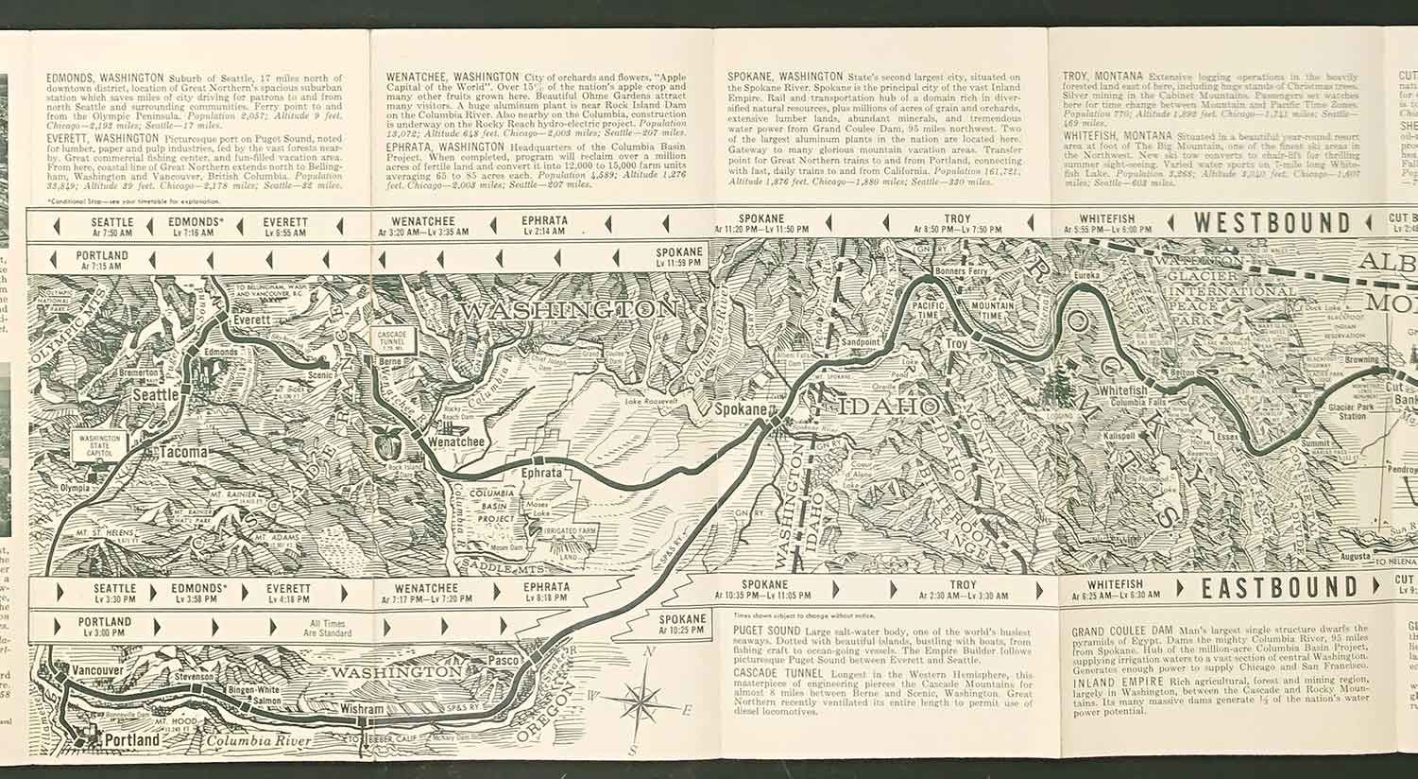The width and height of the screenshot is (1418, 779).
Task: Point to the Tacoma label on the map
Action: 182,452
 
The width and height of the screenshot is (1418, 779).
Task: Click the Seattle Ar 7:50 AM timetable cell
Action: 112,227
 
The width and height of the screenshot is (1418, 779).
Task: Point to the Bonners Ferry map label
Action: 958,272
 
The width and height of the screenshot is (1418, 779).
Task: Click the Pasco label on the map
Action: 505,659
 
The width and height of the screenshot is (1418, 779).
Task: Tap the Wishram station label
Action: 363,709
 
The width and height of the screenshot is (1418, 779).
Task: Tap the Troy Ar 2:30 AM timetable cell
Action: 963,591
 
